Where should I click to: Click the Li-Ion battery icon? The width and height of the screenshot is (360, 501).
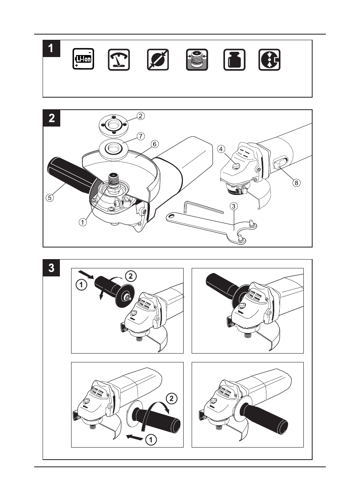click(x=83, y=59)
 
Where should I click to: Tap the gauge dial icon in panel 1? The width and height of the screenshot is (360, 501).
click(x=119, y=59)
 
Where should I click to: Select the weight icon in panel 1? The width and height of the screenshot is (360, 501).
click(x=234, y=59)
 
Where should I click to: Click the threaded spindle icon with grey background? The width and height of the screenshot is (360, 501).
click(x=196, y=59)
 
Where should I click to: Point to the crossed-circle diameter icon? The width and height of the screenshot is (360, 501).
click(x=158, y=59)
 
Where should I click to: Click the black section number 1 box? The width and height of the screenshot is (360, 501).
click(x=51, y=48)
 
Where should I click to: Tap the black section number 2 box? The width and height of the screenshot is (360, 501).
click(x=51, y=118)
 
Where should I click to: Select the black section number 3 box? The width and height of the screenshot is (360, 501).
click(x=51, y=268)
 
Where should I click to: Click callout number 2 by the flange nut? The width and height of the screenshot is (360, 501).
click(x=140, y=116)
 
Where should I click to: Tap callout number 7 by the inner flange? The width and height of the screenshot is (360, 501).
click(x=140, y=137)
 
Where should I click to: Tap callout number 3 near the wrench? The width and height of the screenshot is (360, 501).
click(x=234, y=207)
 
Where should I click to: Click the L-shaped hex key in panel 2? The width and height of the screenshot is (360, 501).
click(x=201, y=208)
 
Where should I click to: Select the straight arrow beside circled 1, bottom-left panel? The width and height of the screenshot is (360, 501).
click(x=134, y=437)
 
